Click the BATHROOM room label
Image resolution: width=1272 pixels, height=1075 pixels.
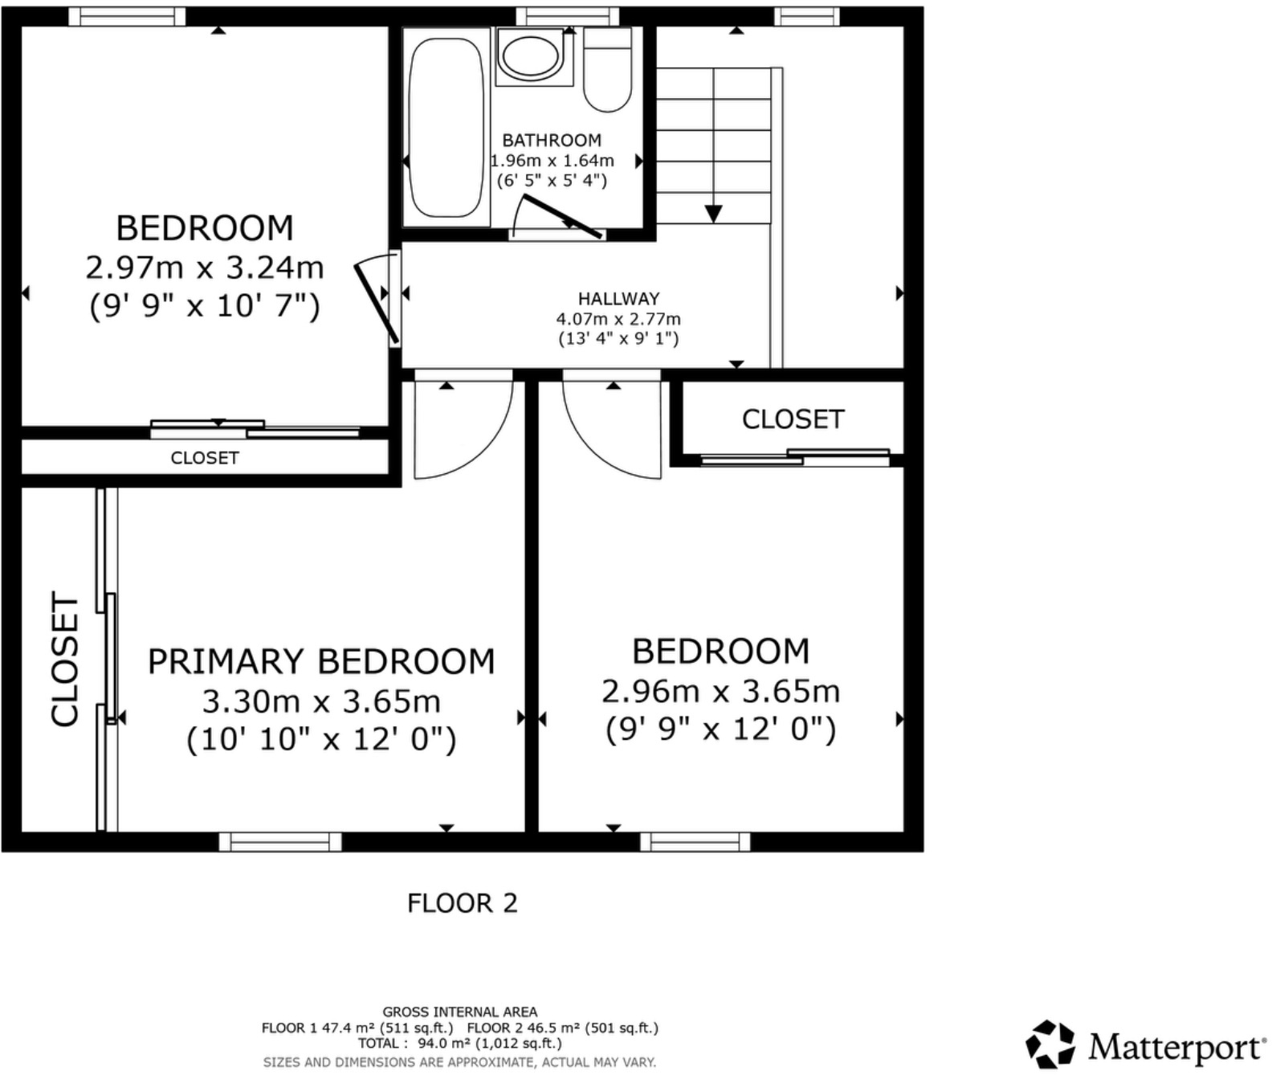[552, 140]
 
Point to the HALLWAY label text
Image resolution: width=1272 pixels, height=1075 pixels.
[618, 299]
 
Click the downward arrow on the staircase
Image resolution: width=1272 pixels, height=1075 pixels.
[713, 212]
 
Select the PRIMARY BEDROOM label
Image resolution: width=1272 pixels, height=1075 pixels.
[321, 661]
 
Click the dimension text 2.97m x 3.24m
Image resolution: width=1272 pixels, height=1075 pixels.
[205, 268]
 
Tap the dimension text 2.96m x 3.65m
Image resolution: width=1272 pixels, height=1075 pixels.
[720, 691]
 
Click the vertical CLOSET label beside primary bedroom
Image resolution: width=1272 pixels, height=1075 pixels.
[65, 659]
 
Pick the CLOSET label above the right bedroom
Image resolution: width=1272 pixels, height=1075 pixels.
[793, 419]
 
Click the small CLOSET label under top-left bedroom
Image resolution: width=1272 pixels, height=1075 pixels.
[205, 458]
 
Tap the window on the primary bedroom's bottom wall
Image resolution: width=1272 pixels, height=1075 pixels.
[280, 841]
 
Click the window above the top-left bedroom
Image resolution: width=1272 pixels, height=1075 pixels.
[127, 16]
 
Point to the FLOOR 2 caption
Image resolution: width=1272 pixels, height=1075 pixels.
[462, 903]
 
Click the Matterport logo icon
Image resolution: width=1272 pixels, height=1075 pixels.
[1050, 1045]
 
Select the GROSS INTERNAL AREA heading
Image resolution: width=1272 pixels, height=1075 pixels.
[459, 1012]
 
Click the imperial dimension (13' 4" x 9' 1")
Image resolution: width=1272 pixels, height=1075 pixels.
[618, 338]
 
